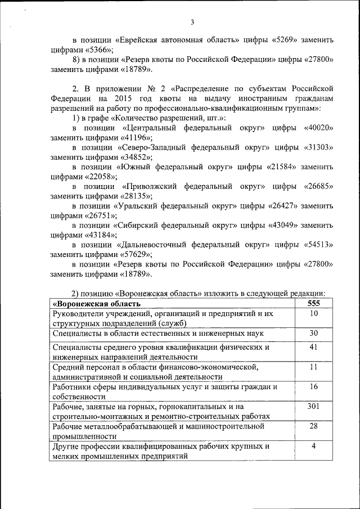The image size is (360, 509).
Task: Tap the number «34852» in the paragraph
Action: [136, 157]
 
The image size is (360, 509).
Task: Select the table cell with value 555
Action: [314, 304]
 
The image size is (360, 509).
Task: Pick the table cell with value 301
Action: [314, 406]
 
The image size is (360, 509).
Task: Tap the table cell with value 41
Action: [314, 347]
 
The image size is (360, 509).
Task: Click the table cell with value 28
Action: [314, 426]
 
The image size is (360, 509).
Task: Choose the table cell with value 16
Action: [314, 386]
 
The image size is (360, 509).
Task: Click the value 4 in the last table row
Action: [314, 446]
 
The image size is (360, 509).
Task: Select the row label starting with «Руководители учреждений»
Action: [163, 318]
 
